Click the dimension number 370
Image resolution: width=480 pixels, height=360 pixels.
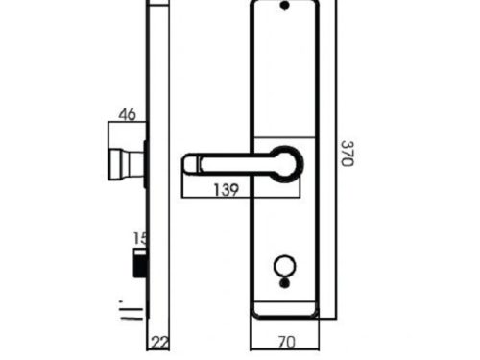point(348,153)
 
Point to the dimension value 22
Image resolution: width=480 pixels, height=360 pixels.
point(160,341)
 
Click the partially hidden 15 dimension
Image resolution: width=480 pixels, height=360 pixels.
point(140,238)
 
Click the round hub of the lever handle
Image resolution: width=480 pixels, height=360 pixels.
point(286,161)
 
